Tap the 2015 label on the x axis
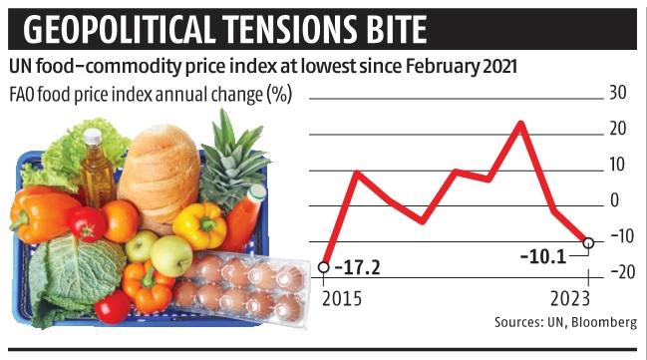click(x=341, y=297)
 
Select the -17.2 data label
click(x=357, y=268)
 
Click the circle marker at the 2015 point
click(x=324, y=267)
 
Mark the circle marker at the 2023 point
click(x=588, y=242)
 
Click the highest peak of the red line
click(x=520, y=123)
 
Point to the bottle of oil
click(x=96, y=170)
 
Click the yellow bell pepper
click(x=200, y=224)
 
